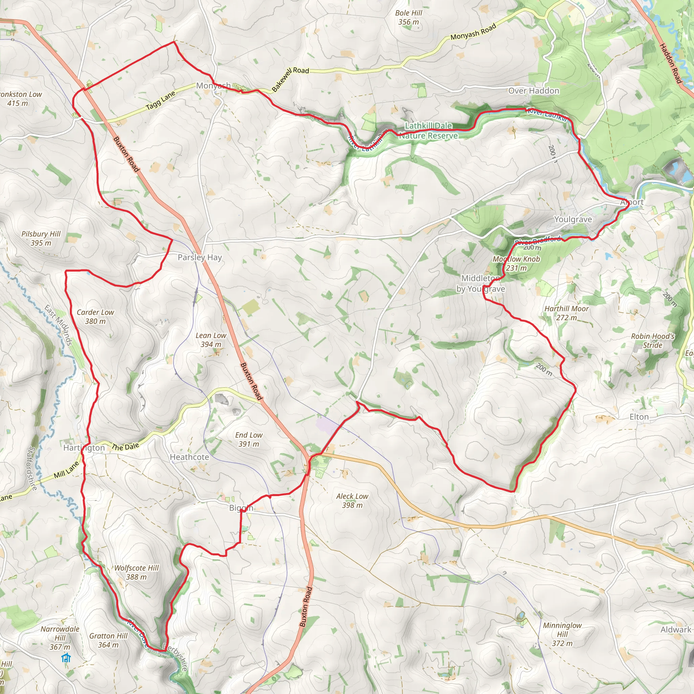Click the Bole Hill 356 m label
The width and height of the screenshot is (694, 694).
click(408, 17)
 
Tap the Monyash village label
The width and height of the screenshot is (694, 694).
click(213, 85)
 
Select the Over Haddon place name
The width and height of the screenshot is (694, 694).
click(533, 90)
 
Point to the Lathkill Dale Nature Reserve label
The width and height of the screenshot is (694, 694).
click(428, 130)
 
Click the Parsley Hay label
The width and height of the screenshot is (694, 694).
click(200, 257)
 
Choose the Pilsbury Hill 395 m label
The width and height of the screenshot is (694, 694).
click(41, 238)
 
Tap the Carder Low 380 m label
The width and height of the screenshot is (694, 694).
click(95, 317)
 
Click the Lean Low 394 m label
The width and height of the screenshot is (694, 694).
click(211, 340)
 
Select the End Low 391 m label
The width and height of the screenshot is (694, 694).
click(249, 439)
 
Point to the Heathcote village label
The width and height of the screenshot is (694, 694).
click(189, 457)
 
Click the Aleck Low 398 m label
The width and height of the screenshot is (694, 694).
click(352, 501)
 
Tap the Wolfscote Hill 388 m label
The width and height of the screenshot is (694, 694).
click(137, 572)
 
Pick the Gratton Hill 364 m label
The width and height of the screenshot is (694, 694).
click(108, 640)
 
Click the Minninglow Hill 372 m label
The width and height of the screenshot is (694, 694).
click(562, 634)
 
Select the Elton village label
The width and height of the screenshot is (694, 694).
click(639, 417)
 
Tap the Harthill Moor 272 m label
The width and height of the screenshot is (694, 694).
click(567, 313)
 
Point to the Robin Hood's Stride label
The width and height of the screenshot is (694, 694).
click(652, 341)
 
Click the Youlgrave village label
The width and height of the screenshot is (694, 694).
click(573, 219)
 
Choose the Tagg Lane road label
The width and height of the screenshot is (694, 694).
click(160, 100)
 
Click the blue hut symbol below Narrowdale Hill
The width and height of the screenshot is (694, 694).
click(66, 658)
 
